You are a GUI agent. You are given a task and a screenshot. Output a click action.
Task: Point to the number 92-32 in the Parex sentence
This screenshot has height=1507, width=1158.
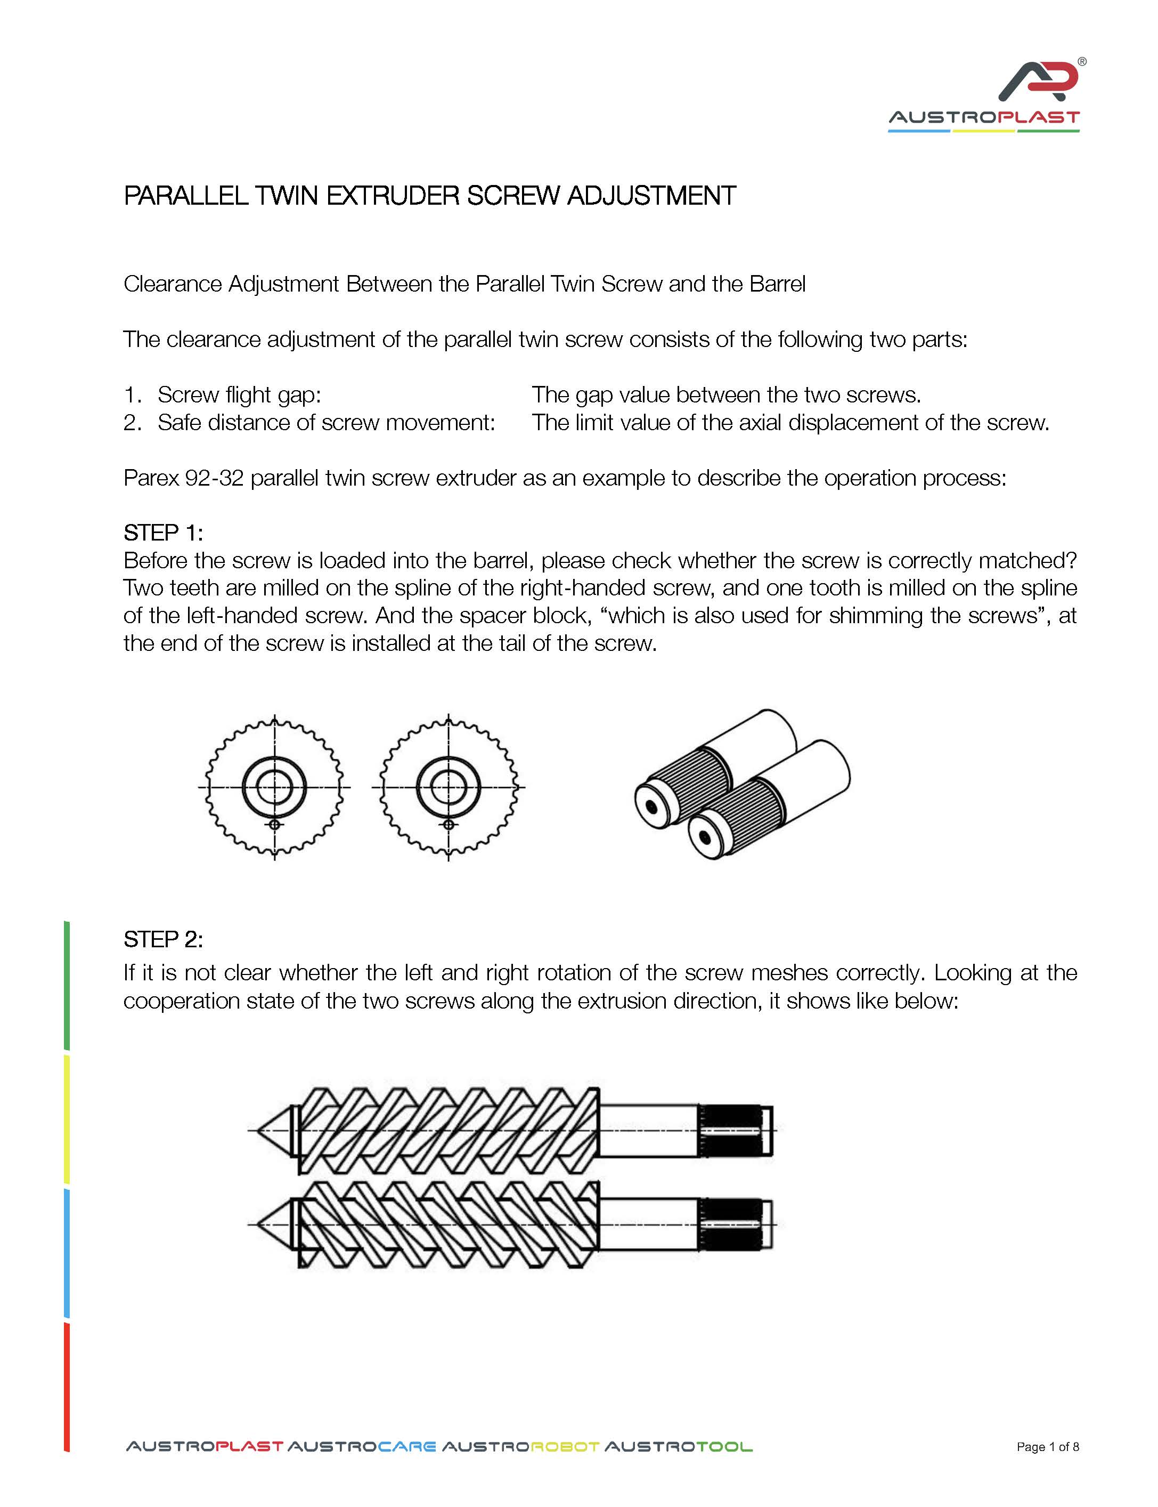click(214, 478)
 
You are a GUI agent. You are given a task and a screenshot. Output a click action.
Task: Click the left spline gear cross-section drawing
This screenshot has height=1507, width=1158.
click(274, 787)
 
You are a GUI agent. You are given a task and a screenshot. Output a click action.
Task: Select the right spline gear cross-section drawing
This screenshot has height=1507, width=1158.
click(448, 787)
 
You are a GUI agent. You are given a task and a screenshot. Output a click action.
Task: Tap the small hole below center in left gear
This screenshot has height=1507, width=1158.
click(274, 825)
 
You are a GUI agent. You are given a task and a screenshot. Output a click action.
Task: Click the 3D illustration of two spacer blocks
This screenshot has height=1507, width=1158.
click(743, 784)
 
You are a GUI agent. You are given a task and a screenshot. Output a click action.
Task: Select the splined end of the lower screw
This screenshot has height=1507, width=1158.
click(733, 1224)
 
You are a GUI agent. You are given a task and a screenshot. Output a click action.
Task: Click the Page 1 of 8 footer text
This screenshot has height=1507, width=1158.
click(1048, 1447)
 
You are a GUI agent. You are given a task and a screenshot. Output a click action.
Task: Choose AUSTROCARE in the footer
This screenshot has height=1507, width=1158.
click(361, 1447)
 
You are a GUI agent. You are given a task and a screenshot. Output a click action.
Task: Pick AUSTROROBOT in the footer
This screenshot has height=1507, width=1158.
click(520, 1447)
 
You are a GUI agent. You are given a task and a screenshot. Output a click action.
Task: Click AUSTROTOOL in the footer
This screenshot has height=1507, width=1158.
click(678, 1447)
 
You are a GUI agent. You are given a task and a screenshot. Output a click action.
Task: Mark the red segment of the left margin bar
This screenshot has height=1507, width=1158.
click(67, 1387)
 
